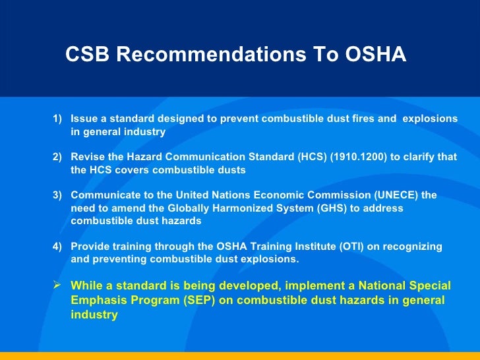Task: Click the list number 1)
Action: coord(57,119)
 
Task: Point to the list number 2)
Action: coord(57,158)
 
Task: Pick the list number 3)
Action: coord(57,196)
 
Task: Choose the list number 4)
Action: coord(57,247)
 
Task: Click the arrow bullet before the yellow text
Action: coord(58,285)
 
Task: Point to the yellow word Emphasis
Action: coord(97,301)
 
